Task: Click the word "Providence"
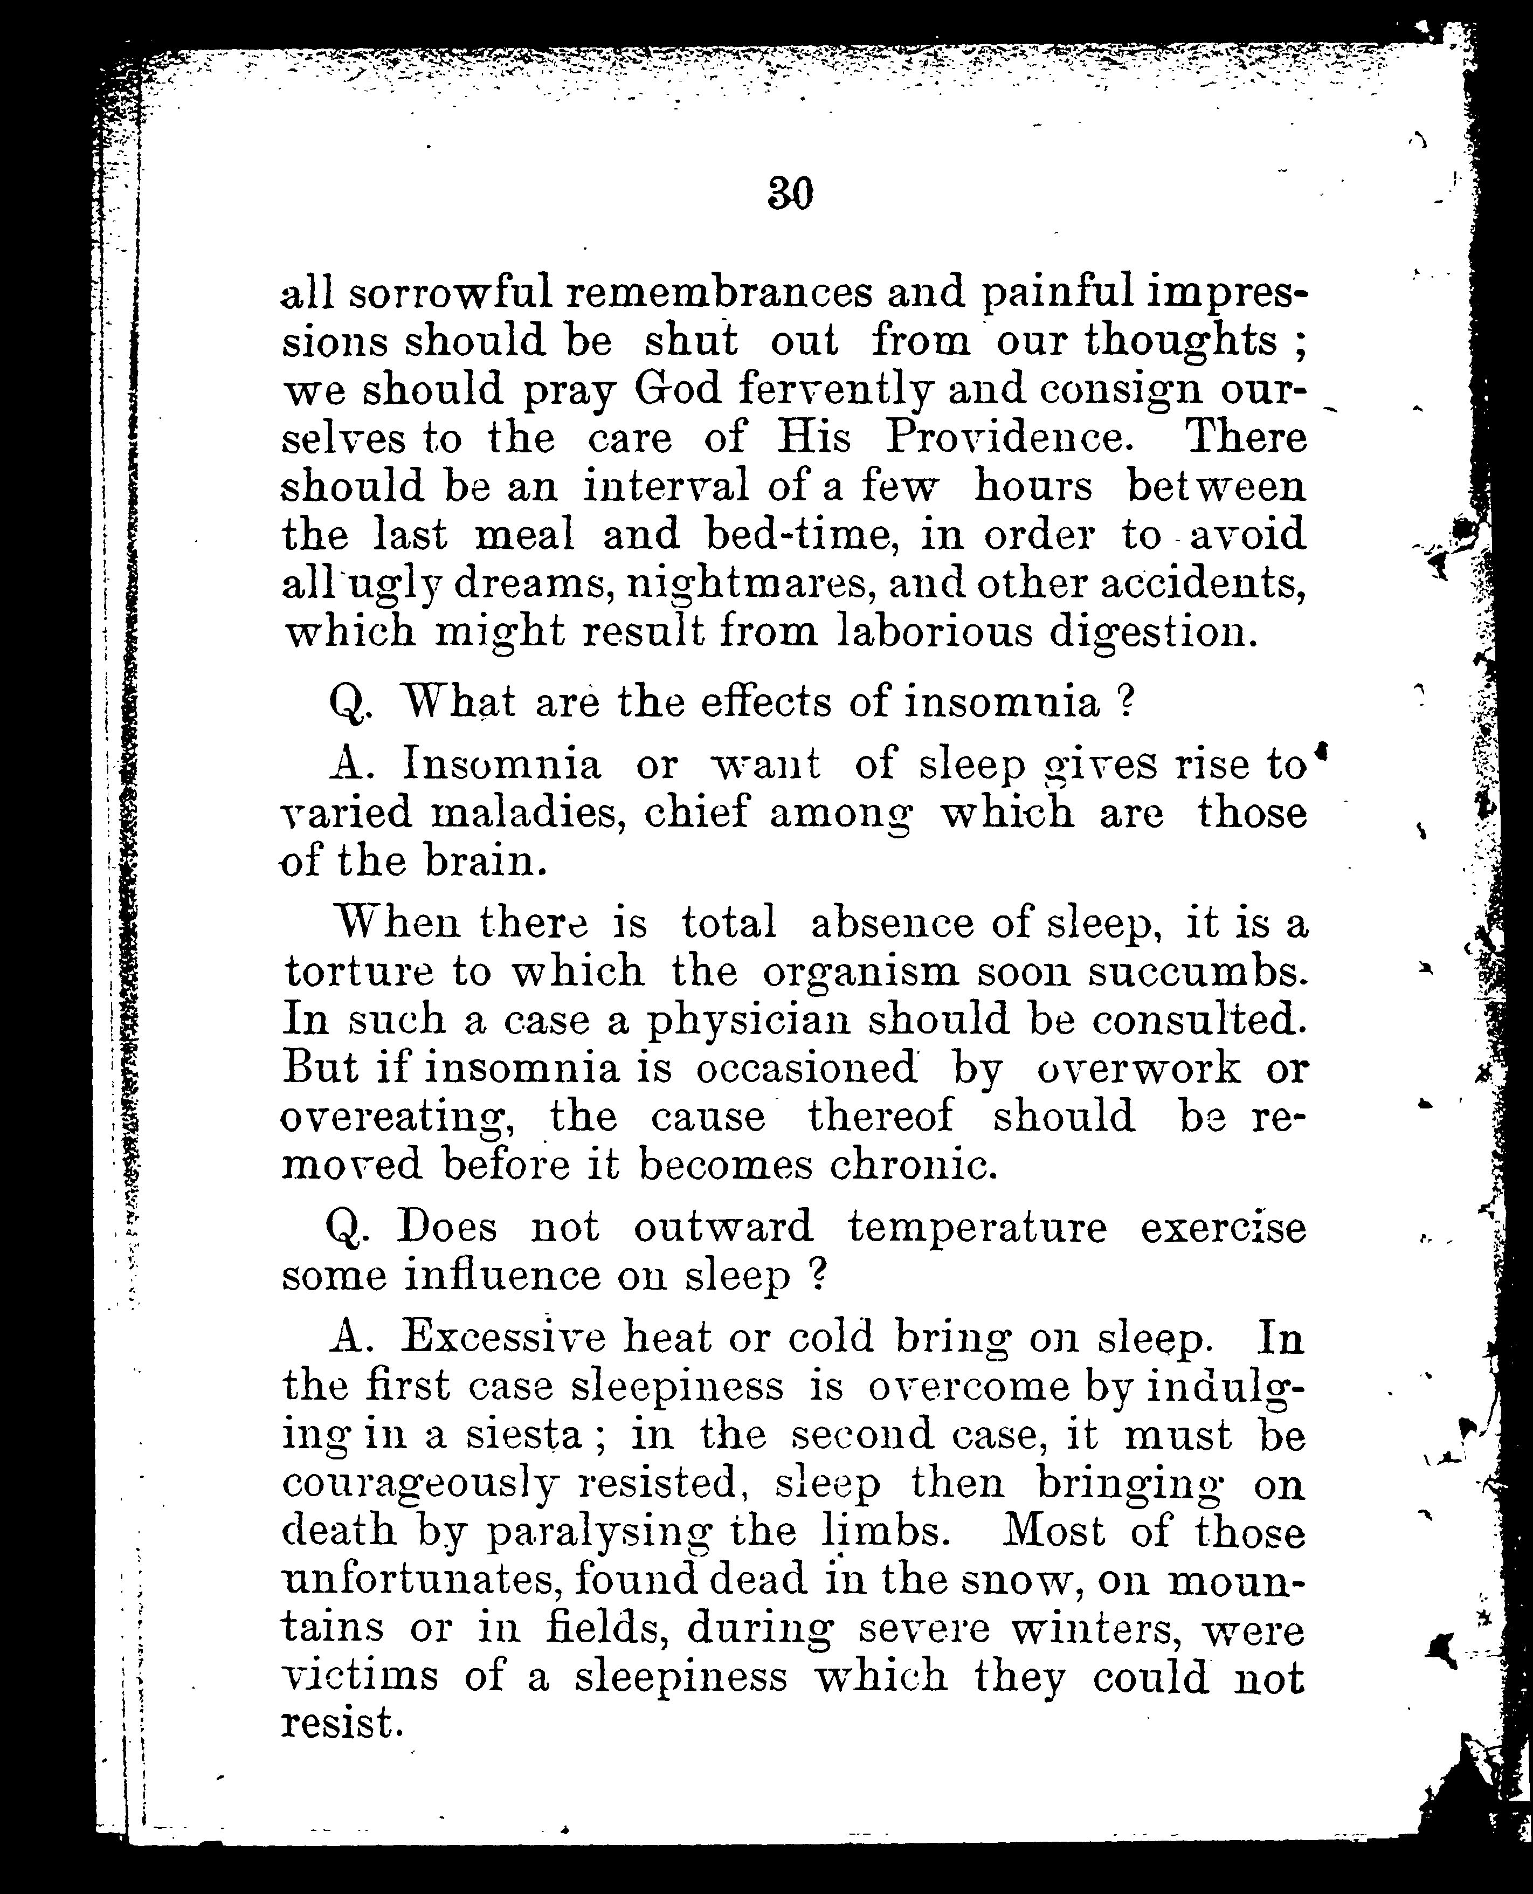1007,437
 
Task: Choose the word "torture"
357,972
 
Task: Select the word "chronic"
913,1165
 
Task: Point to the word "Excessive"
503,1338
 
